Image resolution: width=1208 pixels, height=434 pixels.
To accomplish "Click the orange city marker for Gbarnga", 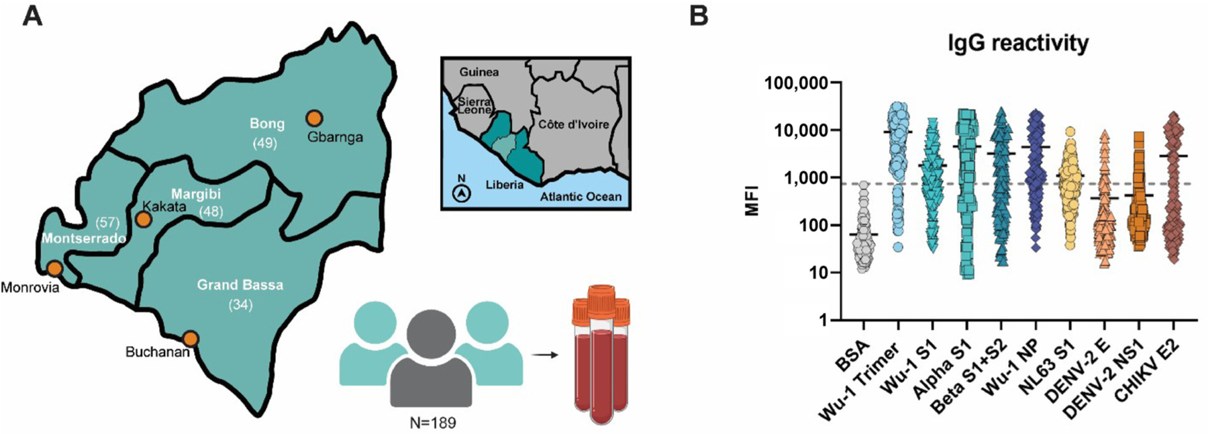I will tap(314, 118).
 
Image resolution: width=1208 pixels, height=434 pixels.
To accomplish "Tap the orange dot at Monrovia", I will tap(54, 269).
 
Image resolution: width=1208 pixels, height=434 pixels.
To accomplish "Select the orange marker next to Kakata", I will tap(143, 219).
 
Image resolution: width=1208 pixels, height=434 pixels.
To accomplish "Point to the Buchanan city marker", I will tap(191, 338).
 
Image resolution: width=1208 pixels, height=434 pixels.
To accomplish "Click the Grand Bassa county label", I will tap(240, 285).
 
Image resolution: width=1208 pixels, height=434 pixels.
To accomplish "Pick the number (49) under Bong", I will tap(265, 143).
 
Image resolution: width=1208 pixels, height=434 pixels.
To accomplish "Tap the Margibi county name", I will tap(195, 194).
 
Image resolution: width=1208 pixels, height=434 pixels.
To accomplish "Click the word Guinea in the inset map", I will tap(479, 72).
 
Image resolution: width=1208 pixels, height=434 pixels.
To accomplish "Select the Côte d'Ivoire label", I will tap(573, 124).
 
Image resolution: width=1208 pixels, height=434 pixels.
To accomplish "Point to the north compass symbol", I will tap(462, 193).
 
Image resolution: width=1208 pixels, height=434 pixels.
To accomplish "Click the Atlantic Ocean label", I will tap(581, 197).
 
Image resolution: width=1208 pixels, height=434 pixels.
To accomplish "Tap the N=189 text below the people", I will tap(433, 423).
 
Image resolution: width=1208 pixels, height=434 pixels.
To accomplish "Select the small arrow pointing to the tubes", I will tap(548, 354).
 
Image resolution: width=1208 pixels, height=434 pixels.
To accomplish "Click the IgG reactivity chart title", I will tap(1017, 43).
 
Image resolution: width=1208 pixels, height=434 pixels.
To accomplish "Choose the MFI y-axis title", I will tap(752, 200).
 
